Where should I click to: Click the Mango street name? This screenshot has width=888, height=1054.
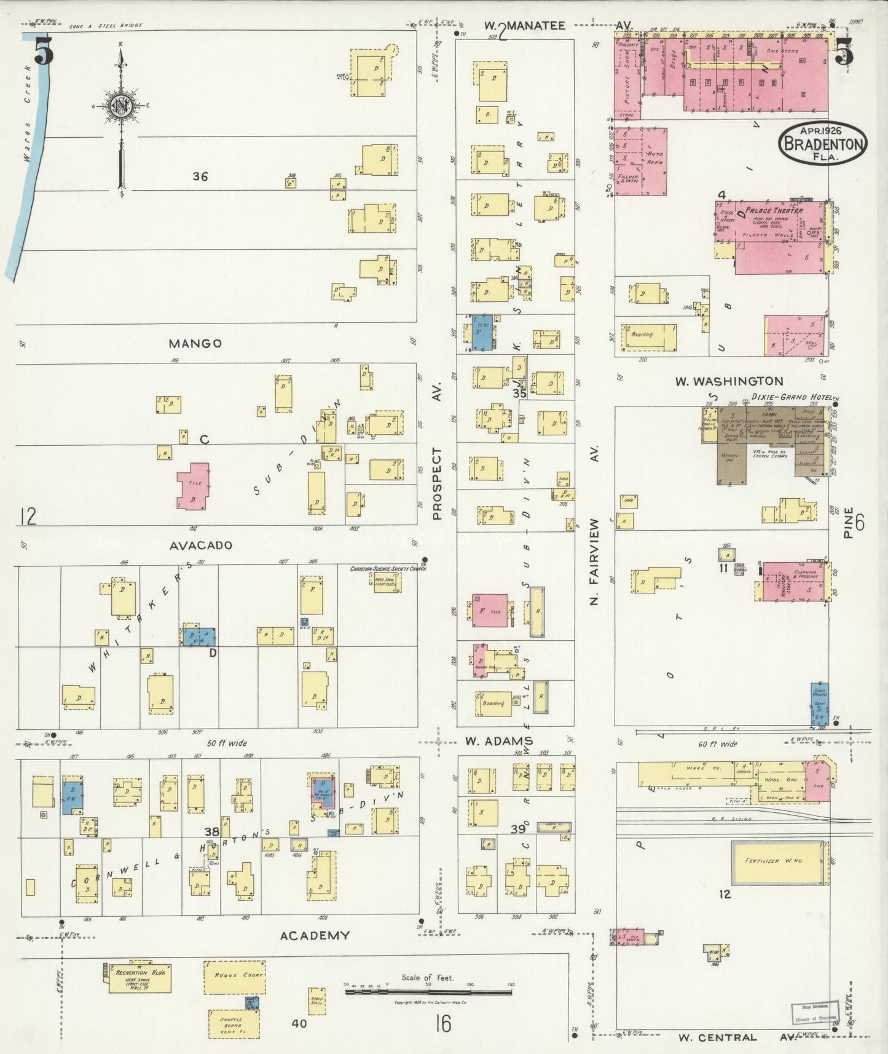(195, 343)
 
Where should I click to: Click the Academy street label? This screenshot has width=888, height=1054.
(315, 935)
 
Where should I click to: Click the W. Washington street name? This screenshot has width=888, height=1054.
(729, 381)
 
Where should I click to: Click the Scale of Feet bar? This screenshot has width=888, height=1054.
(428, 991)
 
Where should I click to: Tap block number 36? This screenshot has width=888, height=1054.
(200, 176)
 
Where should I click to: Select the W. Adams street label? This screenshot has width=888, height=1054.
(498, 741)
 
